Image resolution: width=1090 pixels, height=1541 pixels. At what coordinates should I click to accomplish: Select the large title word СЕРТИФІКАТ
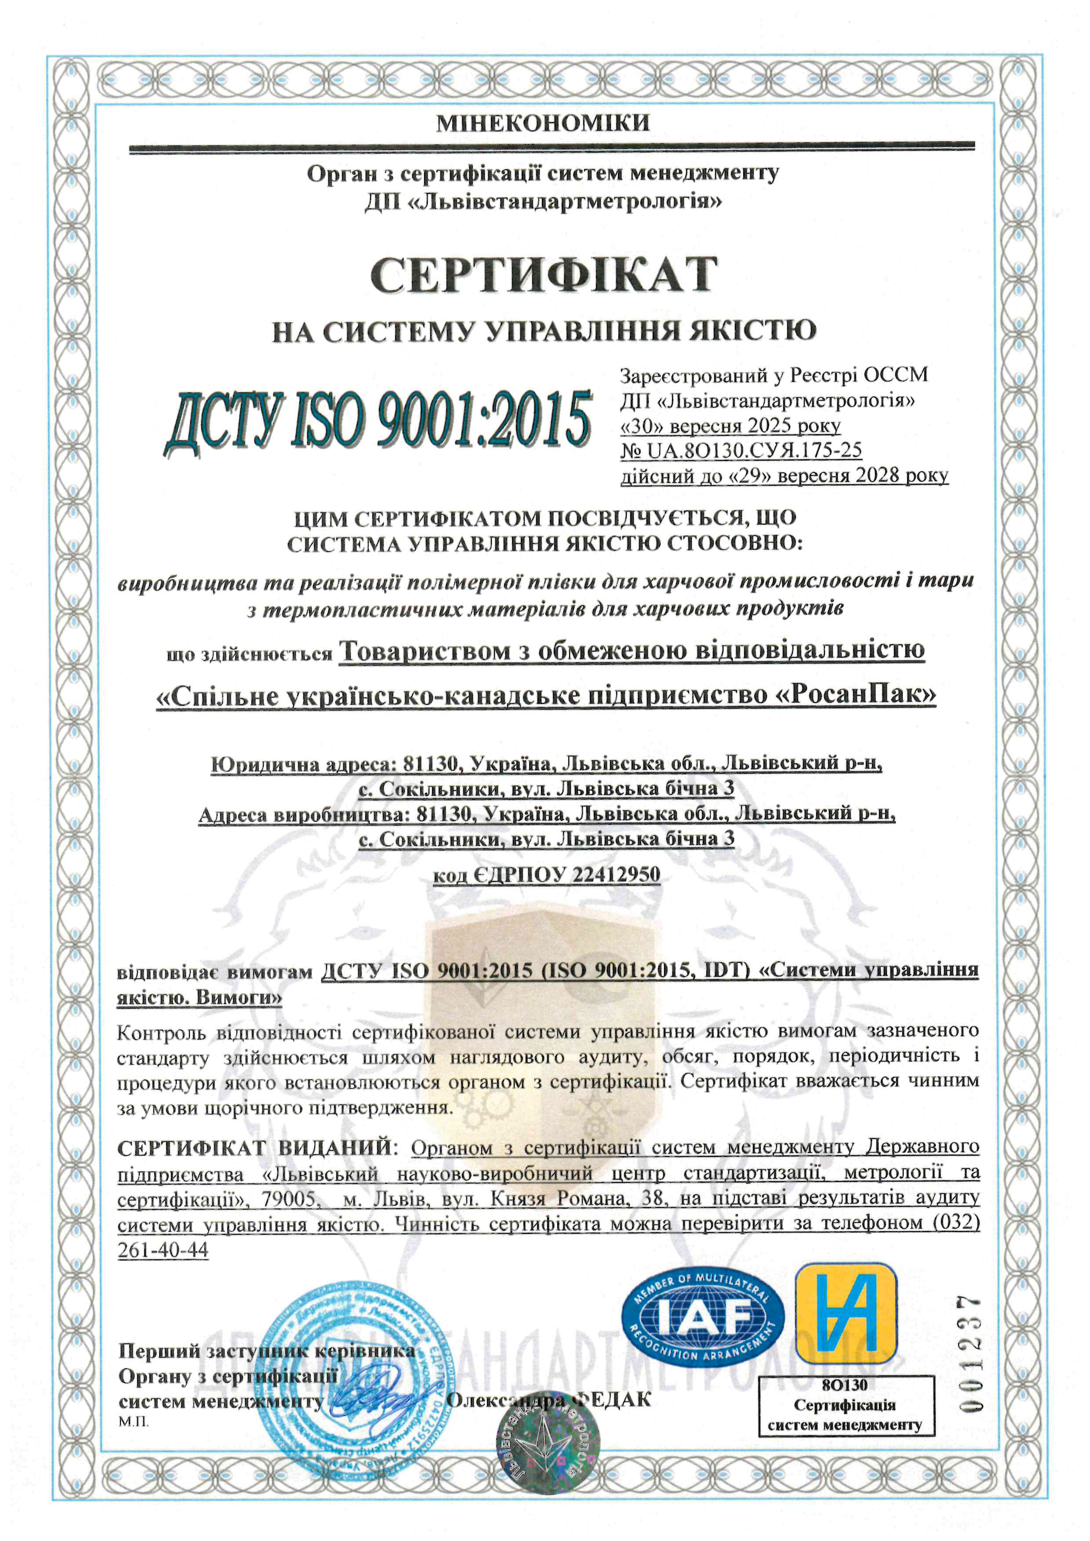coord(544,274)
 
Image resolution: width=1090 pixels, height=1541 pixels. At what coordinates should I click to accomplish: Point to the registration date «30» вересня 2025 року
coord(730,425)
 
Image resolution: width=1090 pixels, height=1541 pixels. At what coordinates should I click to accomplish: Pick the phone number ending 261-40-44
coord(163,1251)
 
